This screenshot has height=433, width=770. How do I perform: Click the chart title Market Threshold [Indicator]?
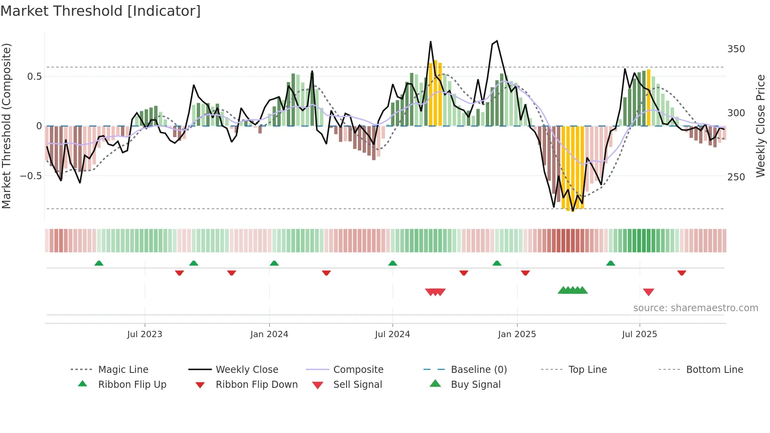[101, 11]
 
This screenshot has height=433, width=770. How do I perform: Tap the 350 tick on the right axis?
[736, 49]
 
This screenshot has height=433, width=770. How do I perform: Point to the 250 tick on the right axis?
[736, 177]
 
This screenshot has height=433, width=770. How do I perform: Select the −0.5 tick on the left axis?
[31, 176]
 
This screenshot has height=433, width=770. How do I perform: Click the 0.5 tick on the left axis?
[34, 76]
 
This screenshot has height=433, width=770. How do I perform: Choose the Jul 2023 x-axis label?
[145, 334]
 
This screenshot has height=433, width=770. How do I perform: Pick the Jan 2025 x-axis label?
[517, 334]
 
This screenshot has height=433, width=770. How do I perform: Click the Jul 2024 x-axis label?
[392, 334]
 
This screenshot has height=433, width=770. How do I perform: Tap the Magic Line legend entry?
[123, 370]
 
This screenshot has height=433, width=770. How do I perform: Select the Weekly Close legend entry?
[247, 370]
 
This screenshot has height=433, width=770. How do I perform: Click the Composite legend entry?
[358, 370]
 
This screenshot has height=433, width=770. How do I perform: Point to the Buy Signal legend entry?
[475, 385]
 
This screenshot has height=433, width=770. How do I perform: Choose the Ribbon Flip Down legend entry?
[257, 385]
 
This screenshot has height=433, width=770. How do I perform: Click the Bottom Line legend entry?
[714, 370]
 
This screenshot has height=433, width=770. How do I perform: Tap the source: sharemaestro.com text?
[695, 308]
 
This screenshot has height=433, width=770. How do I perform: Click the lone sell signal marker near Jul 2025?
[648, 292]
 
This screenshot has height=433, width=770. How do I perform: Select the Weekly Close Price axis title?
[761, 126]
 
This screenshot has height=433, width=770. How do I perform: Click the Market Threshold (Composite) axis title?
[7, 126]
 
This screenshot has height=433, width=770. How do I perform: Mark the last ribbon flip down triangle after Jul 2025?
[682, 273]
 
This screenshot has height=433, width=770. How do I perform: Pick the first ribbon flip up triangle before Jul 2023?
[99, 263]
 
